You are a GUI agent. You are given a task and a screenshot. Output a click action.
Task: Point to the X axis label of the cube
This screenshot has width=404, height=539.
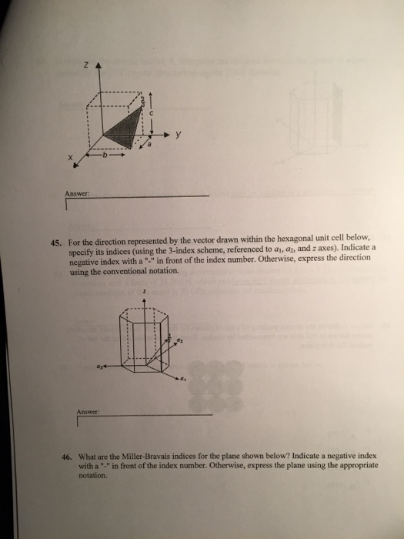coord(69,158)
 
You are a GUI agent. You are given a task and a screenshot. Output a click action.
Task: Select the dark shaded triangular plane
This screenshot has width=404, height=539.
coord(124,123)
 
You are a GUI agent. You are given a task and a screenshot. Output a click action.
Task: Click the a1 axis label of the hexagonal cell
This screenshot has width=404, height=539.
coord(185,380)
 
